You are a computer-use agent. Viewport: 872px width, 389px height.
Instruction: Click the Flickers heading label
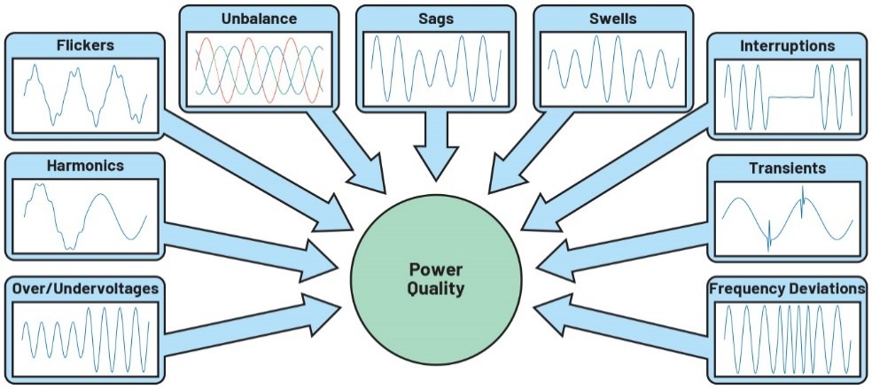[84, 43]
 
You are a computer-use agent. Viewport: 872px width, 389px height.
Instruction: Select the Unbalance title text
[259, 18]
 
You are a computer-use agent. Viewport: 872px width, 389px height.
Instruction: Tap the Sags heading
[434, 18]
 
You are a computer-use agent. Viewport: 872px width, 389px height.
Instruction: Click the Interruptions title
[787, 45]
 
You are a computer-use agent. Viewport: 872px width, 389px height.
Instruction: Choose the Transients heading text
[787, 167]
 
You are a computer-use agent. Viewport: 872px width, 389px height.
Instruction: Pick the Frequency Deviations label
[787, 289]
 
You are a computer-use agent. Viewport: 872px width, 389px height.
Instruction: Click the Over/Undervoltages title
[84, 289]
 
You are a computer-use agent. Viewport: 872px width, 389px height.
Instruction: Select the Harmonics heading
[84, 166]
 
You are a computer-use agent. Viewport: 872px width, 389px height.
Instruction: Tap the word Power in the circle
[436, 268]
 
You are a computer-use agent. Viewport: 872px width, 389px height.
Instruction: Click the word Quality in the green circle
[436, 288]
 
